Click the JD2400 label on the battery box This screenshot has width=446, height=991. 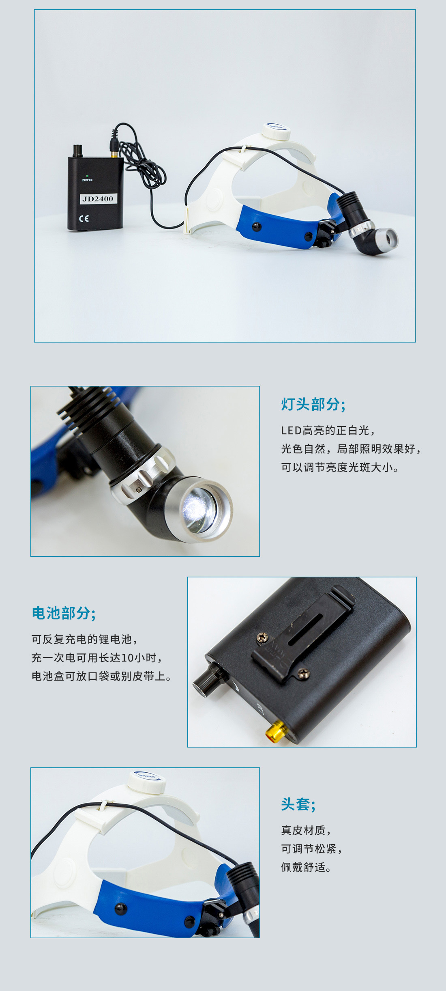(x=98, y=198)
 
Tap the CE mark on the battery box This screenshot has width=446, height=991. (x=84, y=219)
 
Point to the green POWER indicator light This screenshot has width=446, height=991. (x=88, y=176)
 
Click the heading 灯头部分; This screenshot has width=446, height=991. (x=313, y=404)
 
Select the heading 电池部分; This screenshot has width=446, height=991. (x=64, y=613)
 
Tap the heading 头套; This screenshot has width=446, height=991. (x=298, y=804)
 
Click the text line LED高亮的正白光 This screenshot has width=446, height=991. (x=328, y=430)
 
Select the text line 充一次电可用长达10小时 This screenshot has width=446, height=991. (x=97, y=658)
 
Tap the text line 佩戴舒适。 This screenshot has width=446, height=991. (x=307, y=867)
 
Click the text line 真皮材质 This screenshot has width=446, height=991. (x=306, y=830)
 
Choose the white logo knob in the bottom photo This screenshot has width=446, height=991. (x=147, y=782)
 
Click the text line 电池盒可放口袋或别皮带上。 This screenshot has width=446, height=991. (x=102, y=676)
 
